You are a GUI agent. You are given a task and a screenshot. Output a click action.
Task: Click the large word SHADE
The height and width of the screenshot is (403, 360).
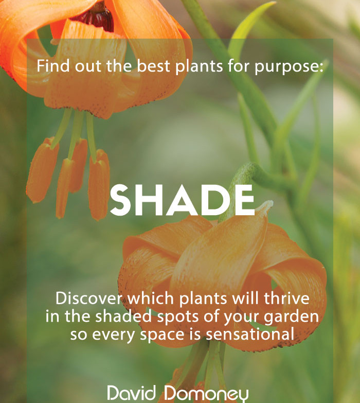(182, 200)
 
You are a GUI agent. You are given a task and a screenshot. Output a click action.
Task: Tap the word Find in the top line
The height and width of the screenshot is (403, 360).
(53, 65)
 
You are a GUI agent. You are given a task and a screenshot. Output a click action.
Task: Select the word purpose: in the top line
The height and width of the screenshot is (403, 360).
(289, 67)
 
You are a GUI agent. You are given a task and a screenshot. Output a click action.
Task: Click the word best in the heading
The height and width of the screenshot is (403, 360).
(154, 66)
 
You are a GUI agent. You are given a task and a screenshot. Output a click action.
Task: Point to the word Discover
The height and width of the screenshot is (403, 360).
(89, 299)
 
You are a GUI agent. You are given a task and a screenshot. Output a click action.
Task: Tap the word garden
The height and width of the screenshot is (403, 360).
(292, 317)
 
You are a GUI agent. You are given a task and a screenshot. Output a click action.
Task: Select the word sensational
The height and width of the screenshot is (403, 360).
(250, 335)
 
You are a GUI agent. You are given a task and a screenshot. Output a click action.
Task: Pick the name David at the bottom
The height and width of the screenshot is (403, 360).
(132, 393)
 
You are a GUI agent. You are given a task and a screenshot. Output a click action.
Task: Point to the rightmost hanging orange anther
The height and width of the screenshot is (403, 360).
(99, 185)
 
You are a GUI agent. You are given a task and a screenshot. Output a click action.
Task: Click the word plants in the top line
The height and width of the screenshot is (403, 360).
(199, 66)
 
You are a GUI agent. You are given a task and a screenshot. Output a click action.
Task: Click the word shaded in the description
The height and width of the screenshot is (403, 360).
(123, 316)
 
